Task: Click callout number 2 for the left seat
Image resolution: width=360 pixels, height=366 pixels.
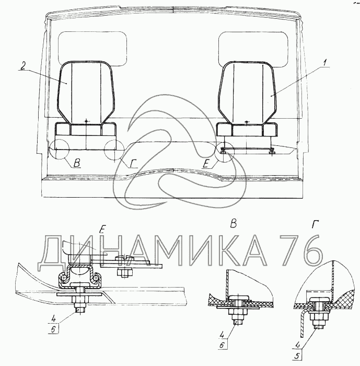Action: point(23,66)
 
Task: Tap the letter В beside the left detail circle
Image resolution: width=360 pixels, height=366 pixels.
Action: point(77,163)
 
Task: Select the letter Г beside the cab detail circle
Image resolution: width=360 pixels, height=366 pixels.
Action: point(134,164)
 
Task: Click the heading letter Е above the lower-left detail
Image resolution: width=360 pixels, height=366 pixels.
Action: point(102,230)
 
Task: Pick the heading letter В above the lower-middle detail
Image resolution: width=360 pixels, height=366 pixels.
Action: point(234,224)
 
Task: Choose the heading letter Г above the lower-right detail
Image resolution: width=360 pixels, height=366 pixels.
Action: point(316,224)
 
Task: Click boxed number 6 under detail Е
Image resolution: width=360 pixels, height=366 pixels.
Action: point(53,329)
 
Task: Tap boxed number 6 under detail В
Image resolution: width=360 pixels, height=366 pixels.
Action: point(223,345)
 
